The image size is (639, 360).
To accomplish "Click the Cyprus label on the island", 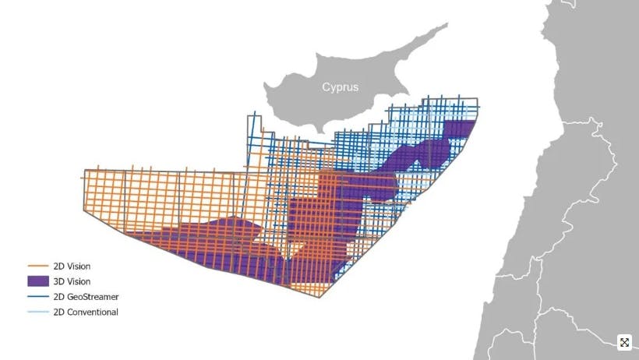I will pos(341,87).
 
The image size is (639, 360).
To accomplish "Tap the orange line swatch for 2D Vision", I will pos(38,266).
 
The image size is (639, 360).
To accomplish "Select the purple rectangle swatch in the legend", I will pos(38,281).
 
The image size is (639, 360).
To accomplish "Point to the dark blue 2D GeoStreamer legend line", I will pos(38,297).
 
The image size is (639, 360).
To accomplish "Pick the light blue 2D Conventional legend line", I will pos(38,312).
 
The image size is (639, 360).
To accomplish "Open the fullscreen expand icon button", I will pos(624,342).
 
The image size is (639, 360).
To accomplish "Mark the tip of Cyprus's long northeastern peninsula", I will pos(447,24).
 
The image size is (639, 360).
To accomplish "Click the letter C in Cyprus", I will pos(327,87).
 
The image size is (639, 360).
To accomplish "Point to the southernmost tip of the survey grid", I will pos(321,297).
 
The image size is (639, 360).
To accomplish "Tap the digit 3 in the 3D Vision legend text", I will pos(57,281).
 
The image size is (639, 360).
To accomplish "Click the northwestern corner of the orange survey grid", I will pos(83,169).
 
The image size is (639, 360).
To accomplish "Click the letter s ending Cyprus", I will pos(355,88).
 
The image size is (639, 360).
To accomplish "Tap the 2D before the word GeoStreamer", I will pos(59,297).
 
